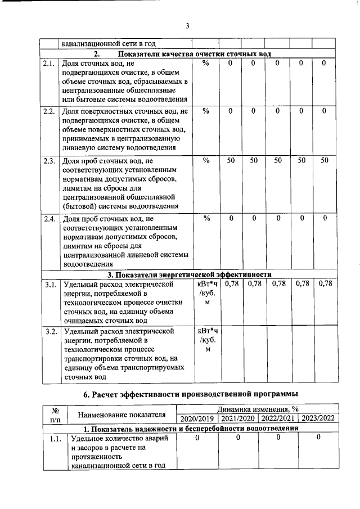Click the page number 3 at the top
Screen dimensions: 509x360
coord(187,25)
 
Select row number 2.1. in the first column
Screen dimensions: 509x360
coord(49,64)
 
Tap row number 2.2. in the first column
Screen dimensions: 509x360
coord(49,112)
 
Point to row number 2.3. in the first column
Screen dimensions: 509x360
coord(49,161)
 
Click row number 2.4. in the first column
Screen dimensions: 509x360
coord(49,218)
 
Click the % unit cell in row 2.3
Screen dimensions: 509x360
coord(206,161)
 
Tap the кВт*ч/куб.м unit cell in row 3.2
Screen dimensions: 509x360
coord(208,340)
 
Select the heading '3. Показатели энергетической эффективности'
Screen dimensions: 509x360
coord(190,274)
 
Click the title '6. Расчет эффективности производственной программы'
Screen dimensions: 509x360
coord(190,394)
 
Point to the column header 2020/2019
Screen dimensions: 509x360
coord(197,418)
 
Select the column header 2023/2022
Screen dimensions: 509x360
coord(318,418)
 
